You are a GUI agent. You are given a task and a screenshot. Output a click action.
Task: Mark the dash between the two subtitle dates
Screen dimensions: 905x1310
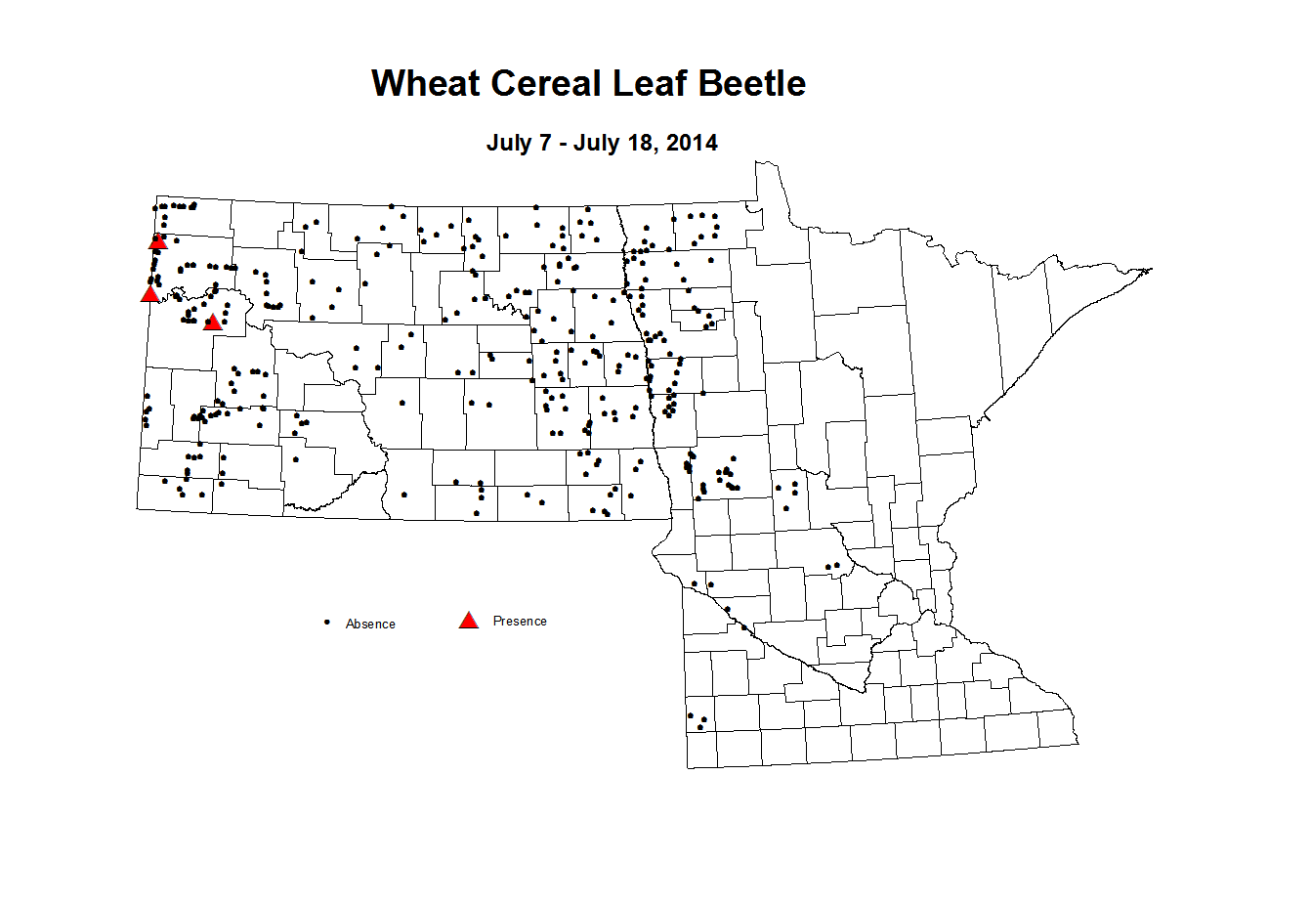click(565, 144)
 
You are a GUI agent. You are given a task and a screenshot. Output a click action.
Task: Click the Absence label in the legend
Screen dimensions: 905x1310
click(370, 624)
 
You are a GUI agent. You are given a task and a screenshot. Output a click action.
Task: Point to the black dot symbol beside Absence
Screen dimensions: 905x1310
click(327, 622)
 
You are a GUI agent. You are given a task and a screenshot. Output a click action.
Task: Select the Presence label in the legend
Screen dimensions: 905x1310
click(520, 621)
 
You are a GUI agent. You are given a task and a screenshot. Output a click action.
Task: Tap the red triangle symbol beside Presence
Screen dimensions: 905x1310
click(469, 620)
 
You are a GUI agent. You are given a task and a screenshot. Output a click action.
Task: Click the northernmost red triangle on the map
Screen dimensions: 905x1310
click(158, 240)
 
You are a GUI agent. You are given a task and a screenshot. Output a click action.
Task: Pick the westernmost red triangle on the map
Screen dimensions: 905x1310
click(149, 293)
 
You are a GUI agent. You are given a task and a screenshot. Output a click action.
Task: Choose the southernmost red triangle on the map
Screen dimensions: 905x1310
click(213, 322)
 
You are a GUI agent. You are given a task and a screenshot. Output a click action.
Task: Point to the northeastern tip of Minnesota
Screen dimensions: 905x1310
click(1152, 269)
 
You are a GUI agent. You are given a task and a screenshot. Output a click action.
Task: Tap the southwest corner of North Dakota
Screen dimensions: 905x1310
click(137, 508)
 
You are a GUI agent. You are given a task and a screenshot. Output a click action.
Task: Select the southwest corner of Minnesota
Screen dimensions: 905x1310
click(688, 767)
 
